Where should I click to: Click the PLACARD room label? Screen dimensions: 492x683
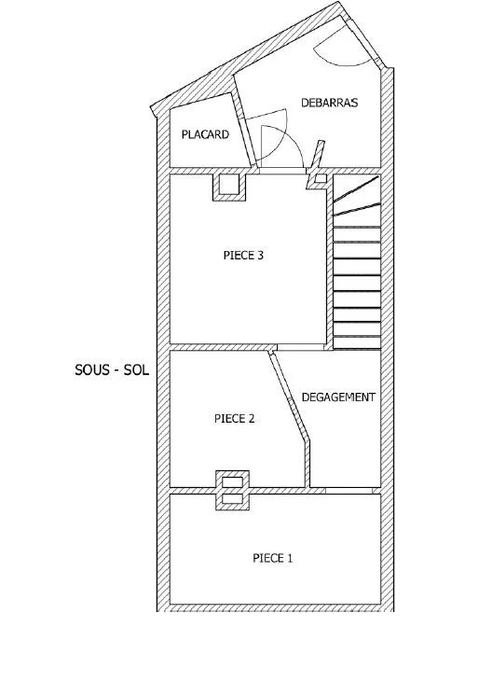click(x=205, y=134)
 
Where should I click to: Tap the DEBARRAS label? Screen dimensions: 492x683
click(x=329, y=103)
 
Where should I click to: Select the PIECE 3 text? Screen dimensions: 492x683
click(x=243, y=255)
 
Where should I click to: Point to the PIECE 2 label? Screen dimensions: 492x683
click(x=234, y=419)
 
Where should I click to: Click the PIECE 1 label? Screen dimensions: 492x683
click(x=273, y=558)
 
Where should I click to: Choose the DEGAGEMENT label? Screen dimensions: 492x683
click(x=338, y=397)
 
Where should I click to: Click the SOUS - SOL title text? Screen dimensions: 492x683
click(x=112, y=369)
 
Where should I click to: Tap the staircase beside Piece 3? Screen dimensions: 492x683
click(x=357, y=262)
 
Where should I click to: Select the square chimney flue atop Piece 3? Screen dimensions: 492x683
click(x=229, y=188)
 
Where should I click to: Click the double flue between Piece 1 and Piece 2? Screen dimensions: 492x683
click(x=232, y=491)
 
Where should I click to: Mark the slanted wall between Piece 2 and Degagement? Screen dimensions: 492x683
click(x=290, y=419)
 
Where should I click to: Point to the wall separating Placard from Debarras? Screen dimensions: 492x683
click(x=243, y=130)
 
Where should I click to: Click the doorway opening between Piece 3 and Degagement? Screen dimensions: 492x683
click(x=301, y=347)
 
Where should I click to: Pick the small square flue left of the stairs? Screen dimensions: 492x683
click(x=321, y=178)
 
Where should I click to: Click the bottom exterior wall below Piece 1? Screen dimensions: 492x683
click(x=275, y=607)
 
